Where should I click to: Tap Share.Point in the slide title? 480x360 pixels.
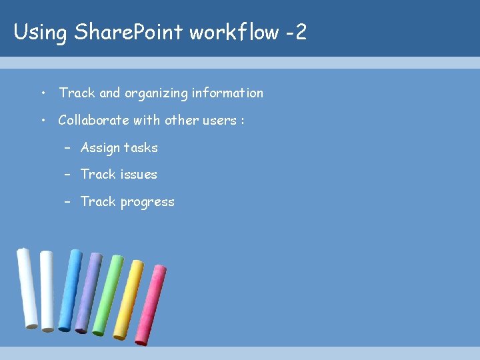tap(128, 32)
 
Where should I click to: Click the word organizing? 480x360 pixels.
tap(155, 93)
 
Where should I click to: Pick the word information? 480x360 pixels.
tap(227, 93)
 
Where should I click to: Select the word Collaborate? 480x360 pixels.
tap(92, 120)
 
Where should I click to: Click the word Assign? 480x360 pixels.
tap(100, 148)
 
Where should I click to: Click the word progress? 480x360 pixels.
tap(147, 202)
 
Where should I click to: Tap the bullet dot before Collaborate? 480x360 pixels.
tap(43, 121)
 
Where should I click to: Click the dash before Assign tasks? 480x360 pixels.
tap(68, 148)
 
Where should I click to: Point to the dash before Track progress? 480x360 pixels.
tap(68, 202)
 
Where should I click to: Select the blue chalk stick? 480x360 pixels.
tap(69, 291)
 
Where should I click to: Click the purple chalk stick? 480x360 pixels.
tap(88, 293)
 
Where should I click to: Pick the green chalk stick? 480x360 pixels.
tap(107, 295)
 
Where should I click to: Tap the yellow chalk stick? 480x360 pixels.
tap(128, 300)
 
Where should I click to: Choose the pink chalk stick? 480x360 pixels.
tap(151, 305)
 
